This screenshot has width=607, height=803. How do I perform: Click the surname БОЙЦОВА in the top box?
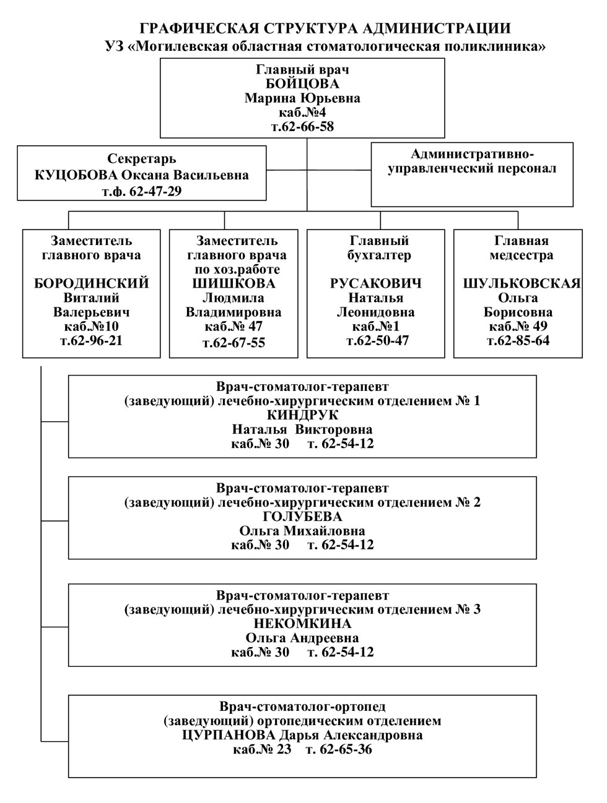point(302,84)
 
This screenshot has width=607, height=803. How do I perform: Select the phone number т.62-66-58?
point(302,127)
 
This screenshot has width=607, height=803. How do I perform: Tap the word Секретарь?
point(142,158)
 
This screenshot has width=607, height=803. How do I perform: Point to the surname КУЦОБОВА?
point(76,175)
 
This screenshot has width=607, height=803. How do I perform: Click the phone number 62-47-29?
point(155,191)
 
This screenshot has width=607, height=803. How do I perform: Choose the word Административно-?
point(472,153)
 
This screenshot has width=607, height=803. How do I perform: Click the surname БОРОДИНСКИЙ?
point(92,283)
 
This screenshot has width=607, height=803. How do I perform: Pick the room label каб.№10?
point(92,326)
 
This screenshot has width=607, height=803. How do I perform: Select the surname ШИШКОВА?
point(234,283)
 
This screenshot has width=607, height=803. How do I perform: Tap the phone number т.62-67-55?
point(234,343)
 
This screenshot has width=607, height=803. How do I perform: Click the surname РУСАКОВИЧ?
point(375,283)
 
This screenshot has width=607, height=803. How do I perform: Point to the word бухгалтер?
point(379,255)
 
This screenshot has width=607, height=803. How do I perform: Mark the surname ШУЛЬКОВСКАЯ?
point(522,283)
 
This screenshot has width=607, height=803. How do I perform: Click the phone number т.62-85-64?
point(518,341)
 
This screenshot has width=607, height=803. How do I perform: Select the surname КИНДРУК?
point(302,415)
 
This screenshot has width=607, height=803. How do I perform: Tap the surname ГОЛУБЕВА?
point(302,517)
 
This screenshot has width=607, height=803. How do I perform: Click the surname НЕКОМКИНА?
point(302,624)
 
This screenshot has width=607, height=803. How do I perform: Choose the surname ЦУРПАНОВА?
point(229,735)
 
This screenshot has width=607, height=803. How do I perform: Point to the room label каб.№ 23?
point(262,749)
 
